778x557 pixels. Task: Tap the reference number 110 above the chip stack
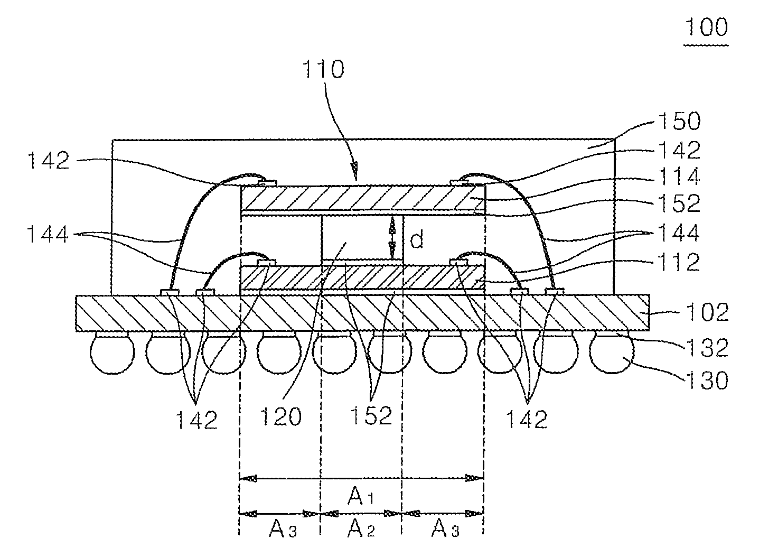(x=323, y=69)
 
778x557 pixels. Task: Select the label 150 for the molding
(x=679, y=121)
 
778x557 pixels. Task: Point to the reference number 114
(x=679, y=177)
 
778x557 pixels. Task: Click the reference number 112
(x=679, y=262)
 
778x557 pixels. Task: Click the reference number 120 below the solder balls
(x=280, y=416)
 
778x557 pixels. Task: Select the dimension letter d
(x=416, y=239)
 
